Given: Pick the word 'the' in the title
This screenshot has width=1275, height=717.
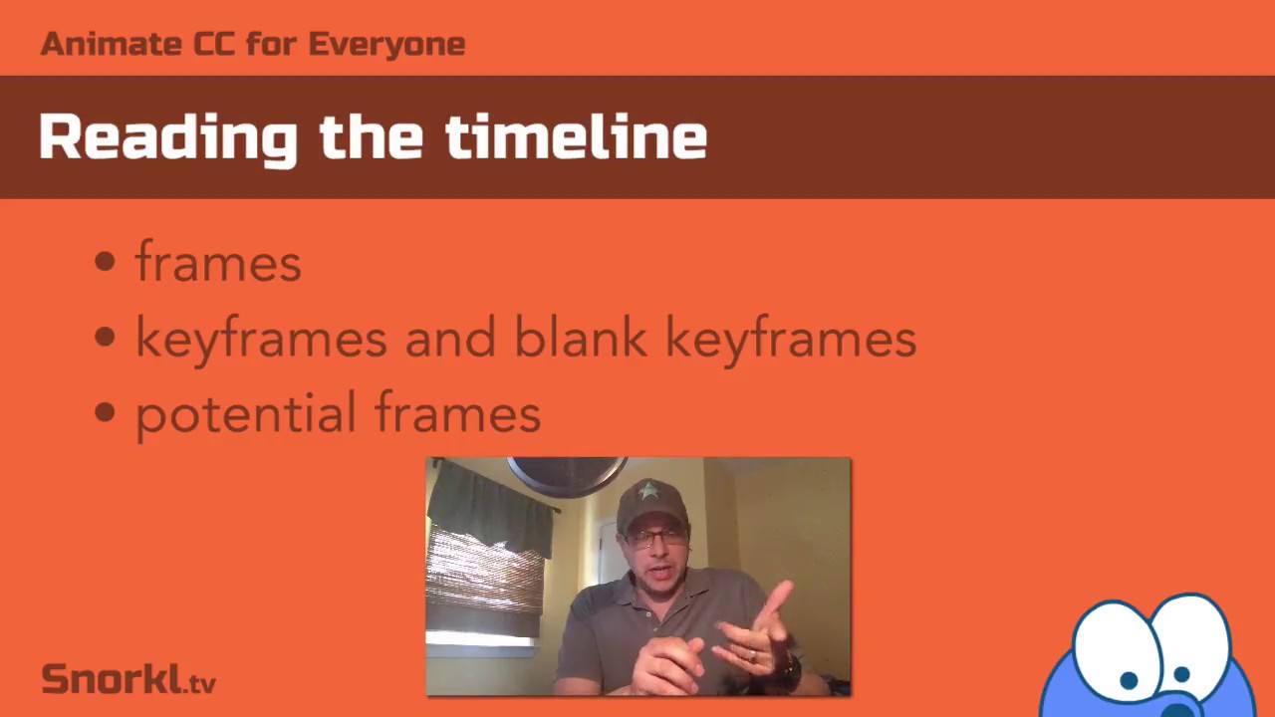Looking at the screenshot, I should click(372, 135).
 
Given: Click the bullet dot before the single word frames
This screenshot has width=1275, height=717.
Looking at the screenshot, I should click(106, 263).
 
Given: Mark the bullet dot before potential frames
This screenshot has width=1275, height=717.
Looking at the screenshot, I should click(106, 414).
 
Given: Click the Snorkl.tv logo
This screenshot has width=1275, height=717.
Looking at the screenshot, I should click(128, 679).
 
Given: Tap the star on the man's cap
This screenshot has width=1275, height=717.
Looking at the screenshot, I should click(649, 491).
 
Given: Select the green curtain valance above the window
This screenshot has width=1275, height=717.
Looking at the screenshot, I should click(492, 508).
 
